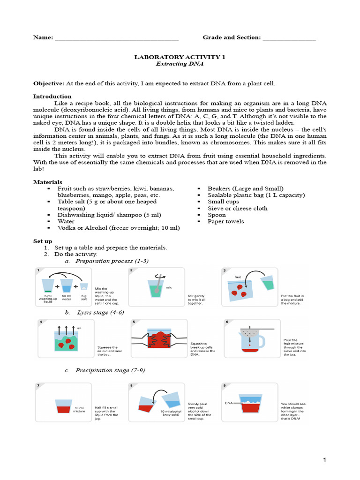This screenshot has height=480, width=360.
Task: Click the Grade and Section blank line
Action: click(289, 38)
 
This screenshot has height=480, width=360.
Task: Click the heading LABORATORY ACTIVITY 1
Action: click(180, 57)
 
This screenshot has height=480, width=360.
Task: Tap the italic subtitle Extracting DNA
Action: click(180, 63)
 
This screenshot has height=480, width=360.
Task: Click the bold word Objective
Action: click(48, 83)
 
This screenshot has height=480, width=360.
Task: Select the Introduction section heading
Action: click(52, 96)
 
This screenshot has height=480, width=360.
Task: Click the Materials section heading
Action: click(47, 182)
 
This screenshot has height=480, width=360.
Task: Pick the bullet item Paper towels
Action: click(225, 221)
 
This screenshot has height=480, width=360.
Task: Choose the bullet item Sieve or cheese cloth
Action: click(238, 208)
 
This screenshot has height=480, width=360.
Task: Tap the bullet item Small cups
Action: click(223, 202)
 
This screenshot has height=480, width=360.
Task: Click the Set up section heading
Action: click(43, 241)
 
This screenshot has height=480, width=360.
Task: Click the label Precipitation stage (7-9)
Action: click(110, 370)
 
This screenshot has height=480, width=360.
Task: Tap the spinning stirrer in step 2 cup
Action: click(161, 279)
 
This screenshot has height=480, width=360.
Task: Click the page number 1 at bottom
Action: click(324, 460)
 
